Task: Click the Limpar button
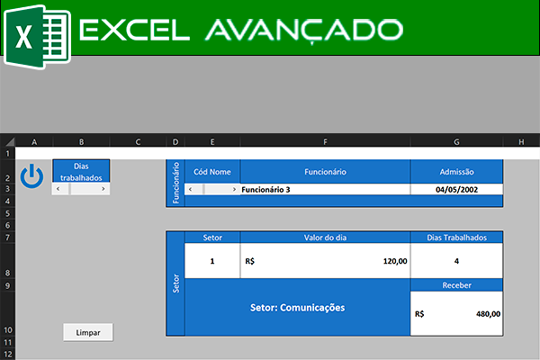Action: (x=88, y=332)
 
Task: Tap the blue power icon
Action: (x=31, y=176)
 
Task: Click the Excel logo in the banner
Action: (x=37, y=37)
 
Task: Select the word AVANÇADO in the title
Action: (x=304, y=31)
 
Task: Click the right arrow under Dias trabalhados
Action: (x=103, y=189)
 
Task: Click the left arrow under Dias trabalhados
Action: (x=58, y=189)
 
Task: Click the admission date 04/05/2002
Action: (x=456, y=190)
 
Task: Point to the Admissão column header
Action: (x=456, y=172)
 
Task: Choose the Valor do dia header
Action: (x=325, y=238)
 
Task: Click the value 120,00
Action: (x=395, y=261)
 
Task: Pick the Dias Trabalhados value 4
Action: (x=456, y=261)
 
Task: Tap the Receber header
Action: (x=456, y=285)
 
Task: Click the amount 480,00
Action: (x=489, y=314)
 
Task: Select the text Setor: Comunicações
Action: (x=298, y=308)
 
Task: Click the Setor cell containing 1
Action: (x=212, y=261)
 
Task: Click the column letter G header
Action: (x=456, y=142)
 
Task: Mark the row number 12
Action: (x=7, y=354)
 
